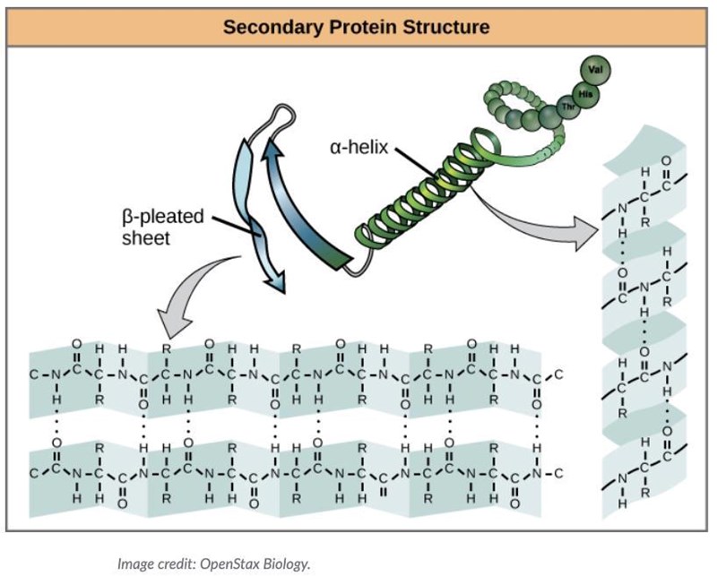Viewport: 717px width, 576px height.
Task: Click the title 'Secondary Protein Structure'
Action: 357,27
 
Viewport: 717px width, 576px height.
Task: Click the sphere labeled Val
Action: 594,70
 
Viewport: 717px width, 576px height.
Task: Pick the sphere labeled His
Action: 585,92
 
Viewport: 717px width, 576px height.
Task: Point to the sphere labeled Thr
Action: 567,107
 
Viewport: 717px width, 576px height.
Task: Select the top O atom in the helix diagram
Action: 664,163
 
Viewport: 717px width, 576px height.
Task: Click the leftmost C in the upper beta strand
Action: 34,374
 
